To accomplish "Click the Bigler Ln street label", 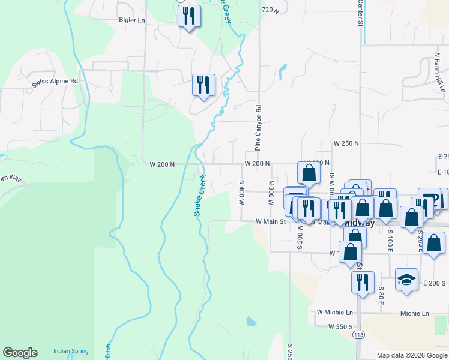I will pos(133,20).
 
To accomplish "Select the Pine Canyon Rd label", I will pos(259,128).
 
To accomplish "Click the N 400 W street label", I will pos(241,193).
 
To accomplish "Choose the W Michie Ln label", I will pos(335,313).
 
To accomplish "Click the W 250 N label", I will pos(346,144).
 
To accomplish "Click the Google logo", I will pos(20,353).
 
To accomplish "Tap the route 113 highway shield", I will pos(359,334).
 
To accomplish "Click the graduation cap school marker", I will pos(406,280).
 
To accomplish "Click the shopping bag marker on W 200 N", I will pos(309,173).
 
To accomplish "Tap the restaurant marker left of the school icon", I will pos(363,283).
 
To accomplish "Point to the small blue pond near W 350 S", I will pos(250,321).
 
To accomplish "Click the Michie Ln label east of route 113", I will pos(415,313).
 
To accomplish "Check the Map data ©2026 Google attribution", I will pos(412,355).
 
